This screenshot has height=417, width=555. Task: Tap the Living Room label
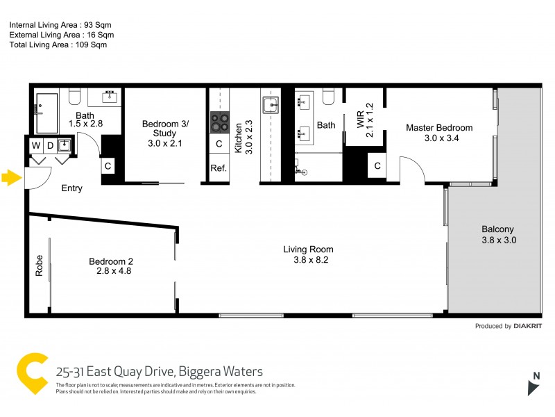(308, 249)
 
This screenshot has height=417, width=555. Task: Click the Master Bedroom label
(439, 128)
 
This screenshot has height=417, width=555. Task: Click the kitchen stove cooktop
(220, 122)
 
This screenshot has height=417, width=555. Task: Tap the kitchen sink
(270, 106)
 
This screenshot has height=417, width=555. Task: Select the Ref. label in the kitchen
(219, 168)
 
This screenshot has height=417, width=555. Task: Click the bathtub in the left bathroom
(47, 112)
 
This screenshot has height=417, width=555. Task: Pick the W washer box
(35, 145)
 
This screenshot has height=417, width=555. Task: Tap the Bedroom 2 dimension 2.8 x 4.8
(114, 271)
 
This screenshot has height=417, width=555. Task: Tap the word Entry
(71, 188)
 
